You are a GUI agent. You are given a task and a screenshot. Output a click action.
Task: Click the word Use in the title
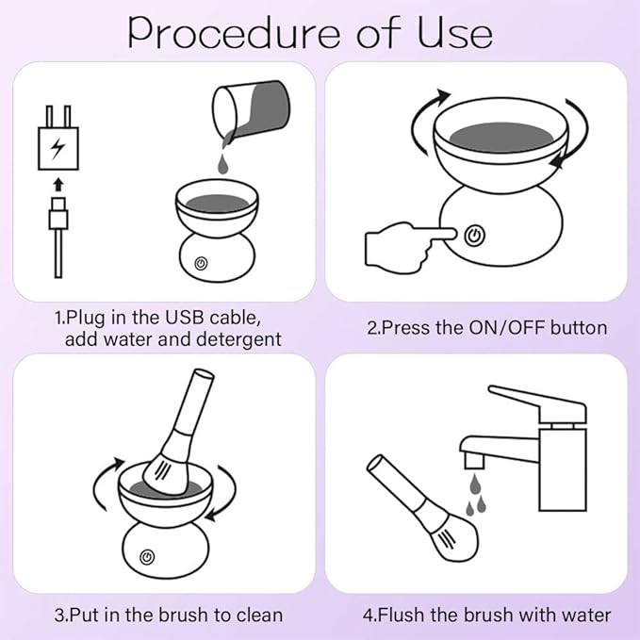455,32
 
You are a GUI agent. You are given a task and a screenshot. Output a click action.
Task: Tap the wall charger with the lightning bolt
58,141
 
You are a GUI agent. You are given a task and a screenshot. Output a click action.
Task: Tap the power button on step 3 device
146,558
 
